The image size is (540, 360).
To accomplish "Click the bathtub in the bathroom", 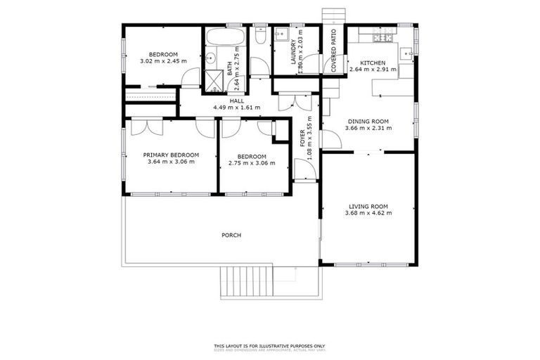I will click(x=226, y=36).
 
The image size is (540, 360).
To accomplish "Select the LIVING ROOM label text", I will click(x=368, y=206).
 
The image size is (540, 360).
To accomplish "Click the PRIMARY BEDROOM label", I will click(x=171, y=155).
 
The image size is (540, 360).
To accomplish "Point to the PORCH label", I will click(x=231, y=235).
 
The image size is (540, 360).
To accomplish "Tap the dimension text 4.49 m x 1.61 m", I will click(x=236, y=108).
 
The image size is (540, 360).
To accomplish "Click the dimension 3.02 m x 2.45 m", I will click(x=162, y=61).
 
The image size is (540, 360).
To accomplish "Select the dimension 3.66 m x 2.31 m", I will click(x=368, y=129).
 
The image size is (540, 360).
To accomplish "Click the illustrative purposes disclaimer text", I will click(x=269, y=346).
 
